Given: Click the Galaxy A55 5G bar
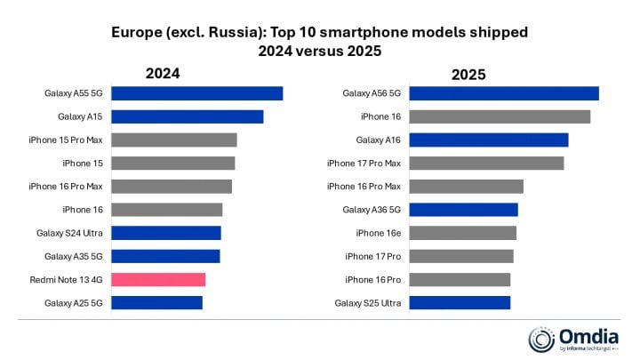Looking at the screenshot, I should click(196, 93).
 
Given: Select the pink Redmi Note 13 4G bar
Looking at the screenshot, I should click(158, 279).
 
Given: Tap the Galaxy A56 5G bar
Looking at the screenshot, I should click(504, 93).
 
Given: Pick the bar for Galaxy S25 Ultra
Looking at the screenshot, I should click(460, 303).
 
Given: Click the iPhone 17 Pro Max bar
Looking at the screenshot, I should click(486, 163).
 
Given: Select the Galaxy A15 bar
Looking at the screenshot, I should click(187, 116).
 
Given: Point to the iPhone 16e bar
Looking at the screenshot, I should click(462, 233).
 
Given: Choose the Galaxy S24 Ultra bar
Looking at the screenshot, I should click(166, 233).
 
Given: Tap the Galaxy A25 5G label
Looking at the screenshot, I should click(74, 303).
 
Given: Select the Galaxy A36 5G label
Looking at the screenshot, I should click(372, 210).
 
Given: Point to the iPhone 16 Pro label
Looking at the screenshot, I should click(373, 280).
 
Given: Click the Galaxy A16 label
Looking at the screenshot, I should click(379, 140).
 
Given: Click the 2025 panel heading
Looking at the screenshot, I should click(468, 75).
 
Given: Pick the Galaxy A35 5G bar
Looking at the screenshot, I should click(165, 256).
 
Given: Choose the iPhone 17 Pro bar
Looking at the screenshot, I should click(461, 256).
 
